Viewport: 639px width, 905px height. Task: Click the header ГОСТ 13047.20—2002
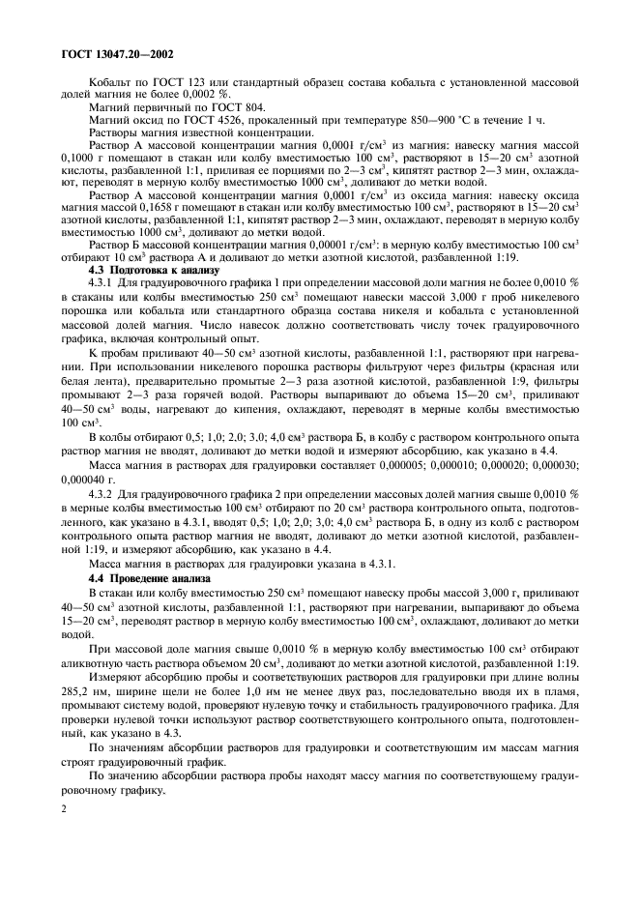click(x=109, y=55)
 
